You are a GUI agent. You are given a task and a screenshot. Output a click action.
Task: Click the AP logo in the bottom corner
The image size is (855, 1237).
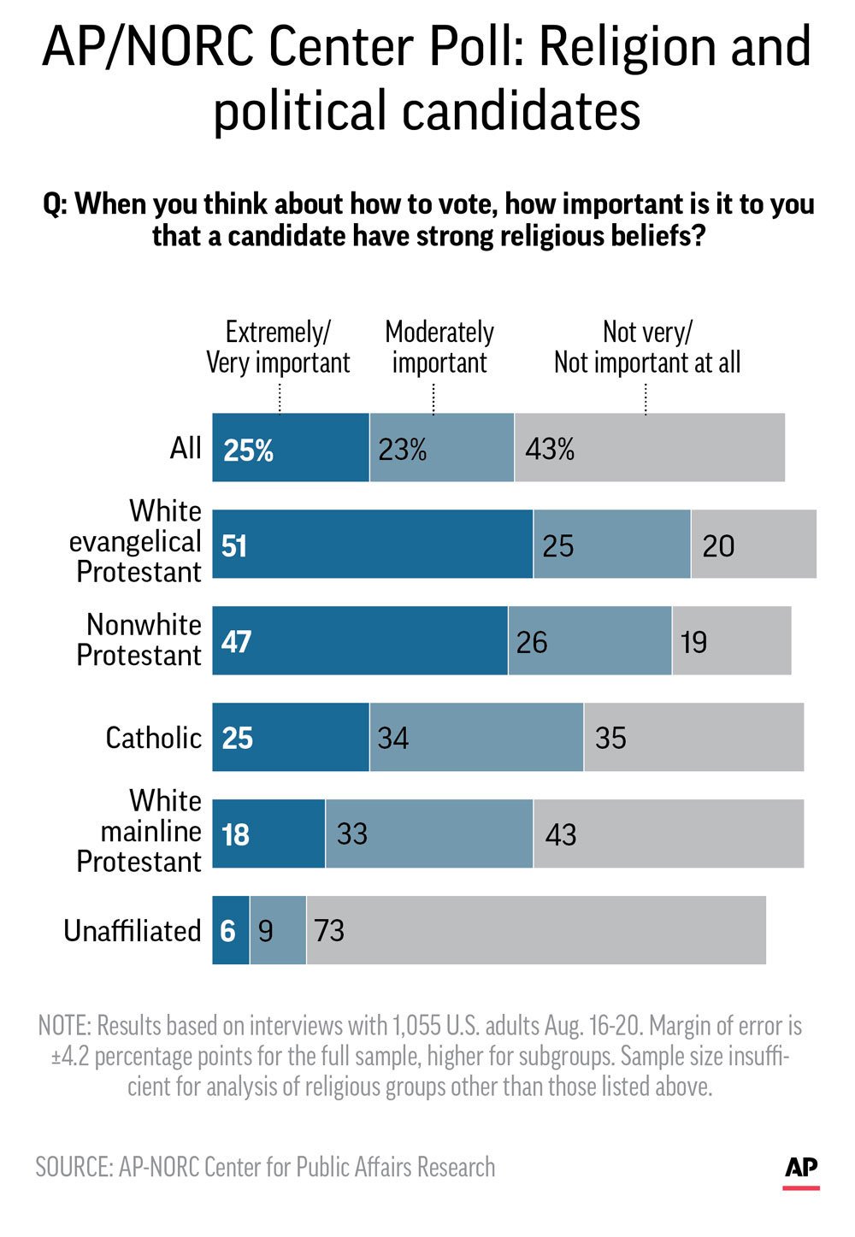pos(801,1170)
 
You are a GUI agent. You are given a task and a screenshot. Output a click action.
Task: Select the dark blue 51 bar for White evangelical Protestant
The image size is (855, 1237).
pos(372,545)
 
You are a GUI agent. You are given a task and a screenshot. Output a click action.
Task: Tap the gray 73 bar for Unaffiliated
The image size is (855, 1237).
pos(536,930)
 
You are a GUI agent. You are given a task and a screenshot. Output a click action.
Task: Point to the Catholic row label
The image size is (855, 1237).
pos(153,738)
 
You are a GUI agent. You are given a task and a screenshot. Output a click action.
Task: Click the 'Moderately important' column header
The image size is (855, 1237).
pos(439,347)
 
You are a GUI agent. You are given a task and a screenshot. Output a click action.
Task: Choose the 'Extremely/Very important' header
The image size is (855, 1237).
pos(278,347)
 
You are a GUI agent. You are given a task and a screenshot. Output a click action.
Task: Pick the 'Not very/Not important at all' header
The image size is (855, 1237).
pos(646,347)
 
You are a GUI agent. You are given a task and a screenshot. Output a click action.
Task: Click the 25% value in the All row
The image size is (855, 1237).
pos(248,450)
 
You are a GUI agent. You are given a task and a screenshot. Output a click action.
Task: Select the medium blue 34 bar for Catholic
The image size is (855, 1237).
pos(476,737)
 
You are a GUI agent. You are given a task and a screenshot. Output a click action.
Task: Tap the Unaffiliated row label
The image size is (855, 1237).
pos(133,931)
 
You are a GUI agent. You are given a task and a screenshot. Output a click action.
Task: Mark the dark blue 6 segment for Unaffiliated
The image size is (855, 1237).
pos(229,930)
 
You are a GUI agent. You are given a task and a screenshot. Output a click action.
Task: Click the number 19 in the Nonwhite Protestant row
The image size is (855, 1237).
pos(693,642)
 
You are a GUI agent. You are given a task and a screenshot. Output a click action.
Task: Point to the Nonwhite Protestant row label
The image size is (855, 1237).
pos(139,640)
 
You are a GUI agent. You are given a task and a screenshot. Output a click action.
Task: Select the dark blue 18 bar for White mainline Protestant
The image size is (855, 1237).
pos(268,834)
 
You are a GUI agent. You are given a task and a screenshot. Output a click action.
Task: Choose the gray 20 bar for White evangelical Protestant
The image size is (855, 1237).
pos(752,545)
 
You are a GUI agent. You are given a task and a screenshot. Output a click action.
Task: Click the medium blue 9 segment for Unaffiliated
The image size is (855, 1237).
pos(277,930)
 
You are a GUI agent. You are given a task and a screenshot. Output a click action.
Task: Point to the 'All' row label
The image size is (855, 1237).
pos(186,448)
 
